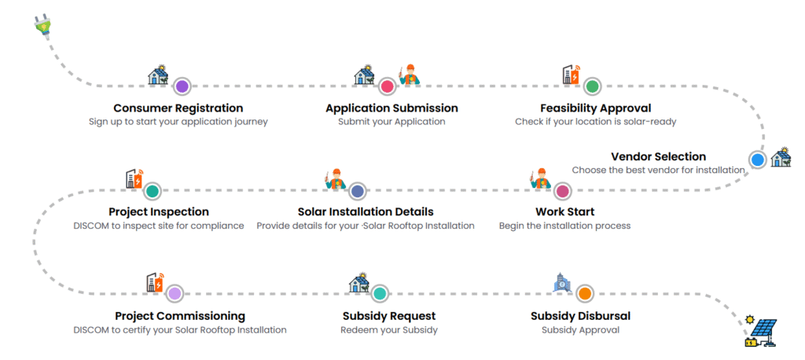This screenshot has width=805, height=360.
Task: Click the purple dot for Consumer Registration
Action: pyautogui.click(x=182, y=86)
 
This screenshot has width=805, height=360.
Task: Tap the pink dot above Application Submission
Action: pyautogui.click(x=387, y=86)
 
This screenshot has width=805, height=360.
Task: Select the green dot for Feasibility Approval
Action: pyautogui.click(x=593, y=86)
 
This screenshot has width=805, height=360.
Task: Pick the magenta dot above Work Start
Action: pyautogui.click(x=562, y=191)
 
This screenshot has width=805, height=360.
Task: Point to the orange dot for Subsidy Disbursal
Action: pyautogui.click(x=584, y=294)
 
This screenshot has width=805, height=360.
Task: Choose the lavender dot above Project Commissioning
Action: pyautogui.click(x=175, y=294)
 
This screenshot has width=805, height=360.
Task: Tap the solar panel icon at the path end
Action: pyautogui.click(x=760, y=332)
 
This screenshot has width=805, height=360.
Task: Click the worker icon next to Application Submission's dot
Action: pyautogui.click(x=410, y=75)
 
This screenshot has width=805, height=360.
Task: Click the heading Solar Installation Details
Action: pyautogui.click(x=366, y=212)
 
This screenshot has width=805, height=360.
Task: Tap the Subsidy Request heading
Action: pyautogui.click(x=388, y=316)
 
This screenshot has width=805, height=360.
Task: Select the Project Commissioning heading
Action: pyautogui.click(x=180, y=316)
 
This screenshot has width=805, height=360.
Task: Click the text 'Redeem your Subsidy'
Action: pyautogui.click(x=388, y=330)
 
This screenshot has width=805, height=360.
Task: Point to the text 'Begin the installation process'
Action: pyautogui.click(x=564, y=226)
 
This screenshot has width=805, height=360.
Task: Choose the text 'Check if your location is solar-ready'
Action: pyautogui.click(x=595, y=122)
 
